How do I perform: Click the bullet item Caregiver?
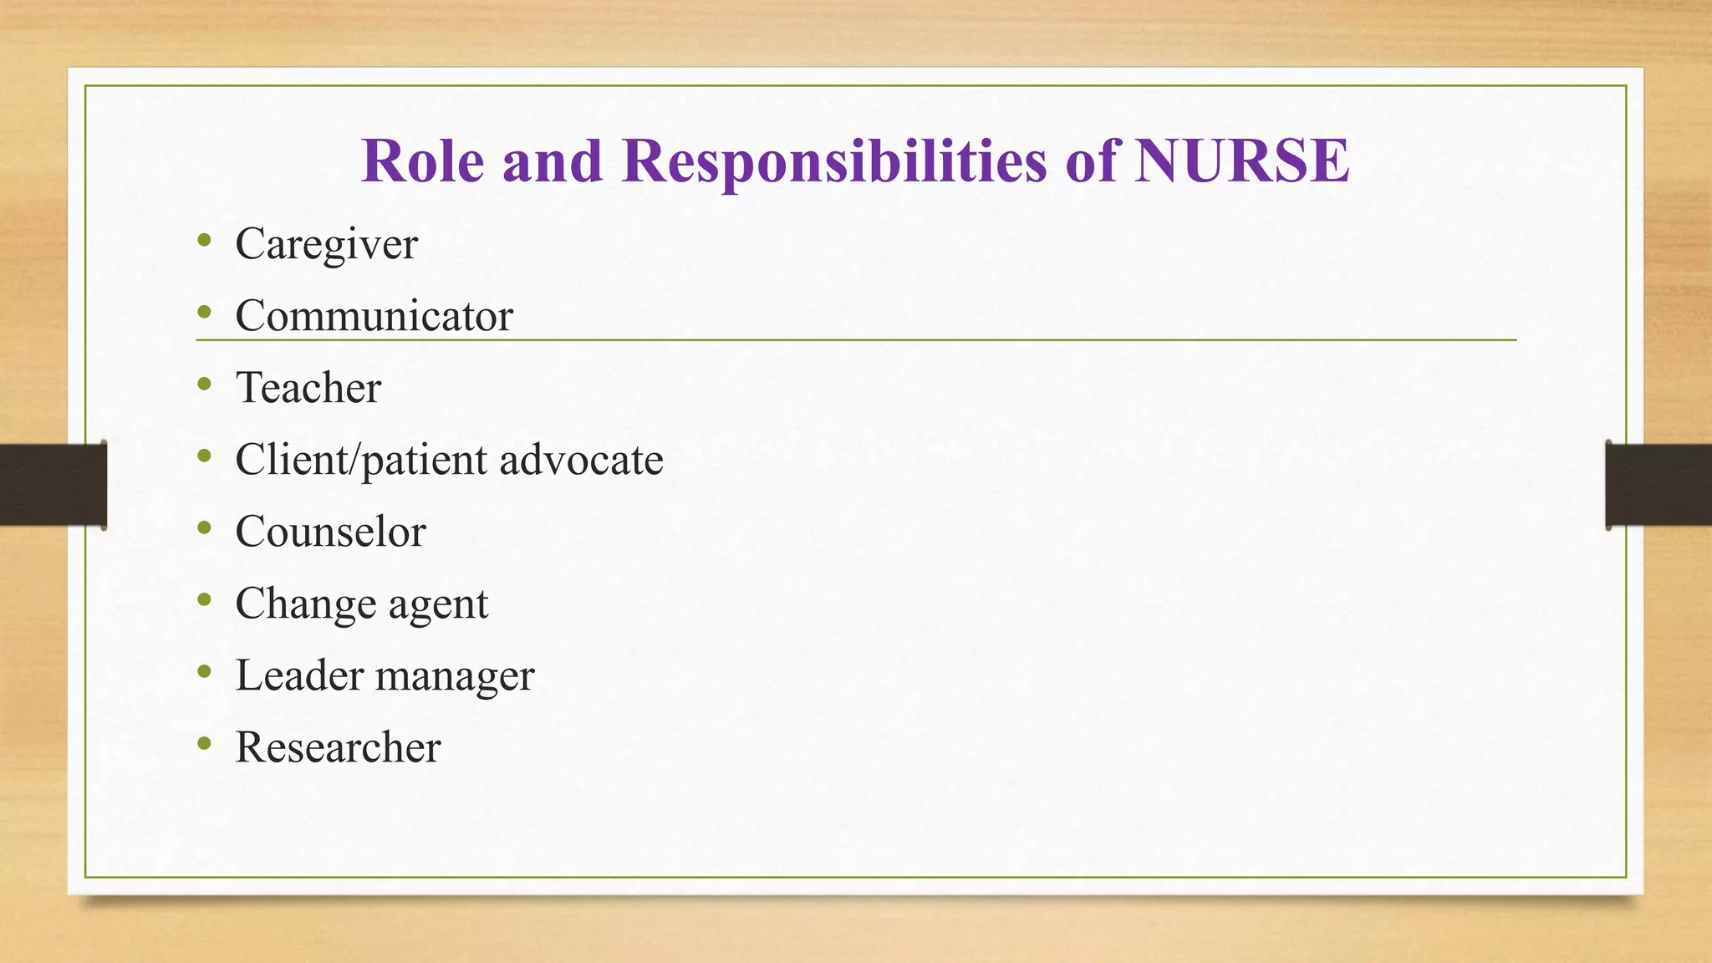pyautogui.click(x=326, y=244)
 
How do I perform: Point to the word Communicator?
pyautogui.click(x=374, y=316)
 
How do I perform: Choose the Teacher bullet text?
pyautogui.click(x=308, y=388)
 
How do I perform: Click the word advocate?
pyautogui.click(x=581, y=460)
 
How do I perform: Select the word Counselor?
pyautogui.click(x=330, y=532)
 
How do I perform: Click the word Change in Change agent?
pyautogui.click(x=306, y=604)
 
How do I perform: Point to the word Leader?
pyautogui.click(x=299, y=675)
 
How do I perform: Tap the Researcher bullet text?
pyautogui.click(x=338, y=747)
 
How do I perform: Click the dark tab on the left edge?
pyautogui.click(x=53, y=485)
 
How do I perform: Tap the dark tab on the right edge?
pyautogui.click(x=1658, y=485)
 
